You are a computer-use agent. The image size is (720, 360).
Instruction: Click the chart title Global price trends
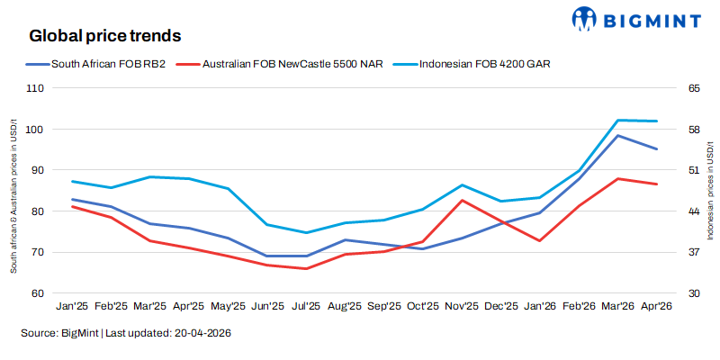(x=105, y=37)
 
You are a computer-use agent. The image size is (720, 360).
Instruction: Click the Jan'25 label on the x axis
(x=72, y=306)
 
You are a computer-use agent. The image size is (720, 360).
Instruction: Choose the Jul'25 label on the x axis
(x=307, y=306)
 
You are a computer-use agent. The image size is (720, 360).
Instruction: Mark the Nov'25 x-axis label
(x=462, y=306)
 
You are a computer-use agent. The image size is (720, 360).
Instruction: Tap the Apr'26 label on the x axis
(x=657, y=306)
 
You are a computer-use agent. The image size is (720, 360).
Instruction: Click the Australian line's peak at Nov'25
(x=462, y=200)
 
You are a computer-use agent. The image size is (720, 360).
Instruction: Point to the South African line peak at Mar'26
(x=618, y=135)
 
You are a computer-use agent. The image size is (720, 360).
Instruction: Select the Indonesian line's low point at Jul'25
(x=307, y=233)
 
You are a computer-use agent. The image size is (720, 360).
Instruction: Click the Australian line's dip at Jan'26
(x=540, y=240)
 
